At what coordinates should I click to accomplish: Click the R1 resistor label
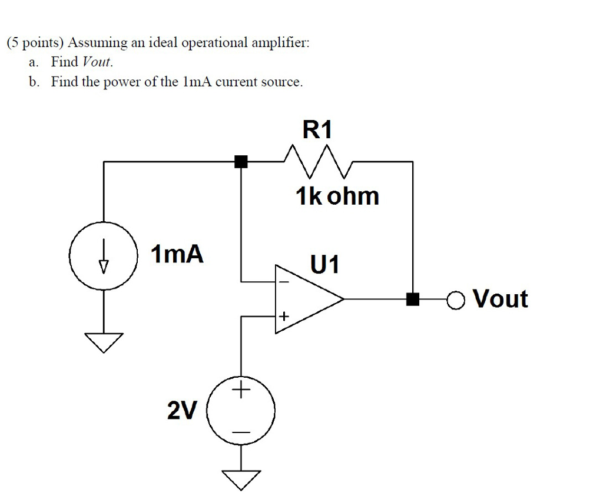[x=317, y=129]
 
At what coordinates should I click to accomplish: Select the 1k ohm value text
[x=337, y=196]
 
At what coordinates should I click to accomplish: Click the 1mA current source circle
[x=104, y=257]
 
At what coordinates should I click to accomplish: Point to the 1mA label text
[x=177, y=254]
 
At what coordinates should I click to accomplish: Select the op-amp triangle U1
[x=306, y=299]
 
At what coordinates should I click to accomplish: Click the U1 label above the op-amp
[x=325, y=264]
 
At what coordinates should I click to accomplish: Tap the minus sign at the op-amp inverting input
[x=284, y=282]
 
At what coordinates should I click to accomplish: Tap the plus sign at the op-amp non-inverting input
[x=284, y=317]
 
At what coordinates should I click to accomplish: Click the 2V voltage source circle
[x=240, y=410]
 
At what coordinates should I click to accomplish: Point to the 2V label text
[x=183, y=410]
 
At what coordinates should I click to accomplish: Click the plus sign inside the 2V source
[x=241, y=390]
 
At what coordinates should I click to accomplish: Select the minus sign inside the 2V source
[x=241, y=433]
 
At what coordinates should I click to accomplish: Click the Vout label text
[x=501, y=299]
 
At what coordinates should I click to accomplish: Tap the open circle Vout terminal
[x=455, y=300]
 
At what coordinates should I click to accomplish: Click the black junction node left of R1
[x=240, y=161]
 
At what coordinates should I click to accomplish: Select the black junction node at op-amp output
[x=413, y=299]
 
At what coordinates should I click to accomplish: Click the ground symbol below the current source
[x=104, y=341]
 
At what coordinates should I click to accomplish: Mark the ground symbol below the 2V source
[x=241, y=479]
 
